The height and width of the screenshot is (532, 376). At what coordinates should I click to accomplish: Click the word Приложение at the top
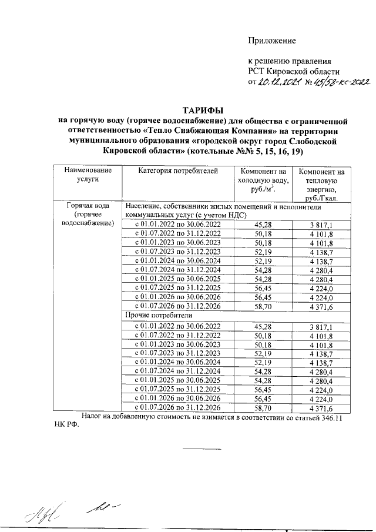click(271, 41)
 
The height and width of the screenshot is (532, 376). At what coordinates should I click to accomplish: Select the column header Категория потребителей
click(178, 171)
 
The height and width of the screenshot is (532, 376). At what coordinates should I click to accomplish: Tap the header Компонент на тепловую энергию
click(321, 185)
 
